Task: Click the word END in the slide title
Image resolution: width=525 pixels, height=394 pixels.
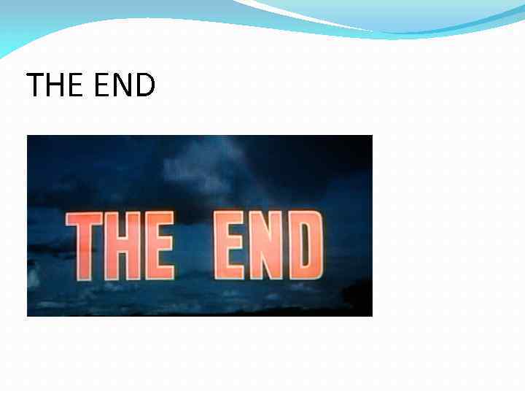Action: [125, 85]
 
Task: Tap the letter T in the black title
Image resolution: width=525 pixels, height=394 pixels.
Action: [34, 85]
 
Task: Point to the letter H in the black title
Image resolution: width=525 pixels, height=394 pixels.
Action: [57, 85]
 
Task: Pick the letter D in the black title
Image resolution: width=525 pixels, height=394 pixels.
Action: [145, 85]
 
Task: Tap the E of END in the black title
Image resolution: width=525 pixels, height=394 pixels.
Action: [103, 85]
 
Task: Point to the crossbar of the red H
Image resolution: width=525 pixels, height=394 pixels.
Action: [120, 243]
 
